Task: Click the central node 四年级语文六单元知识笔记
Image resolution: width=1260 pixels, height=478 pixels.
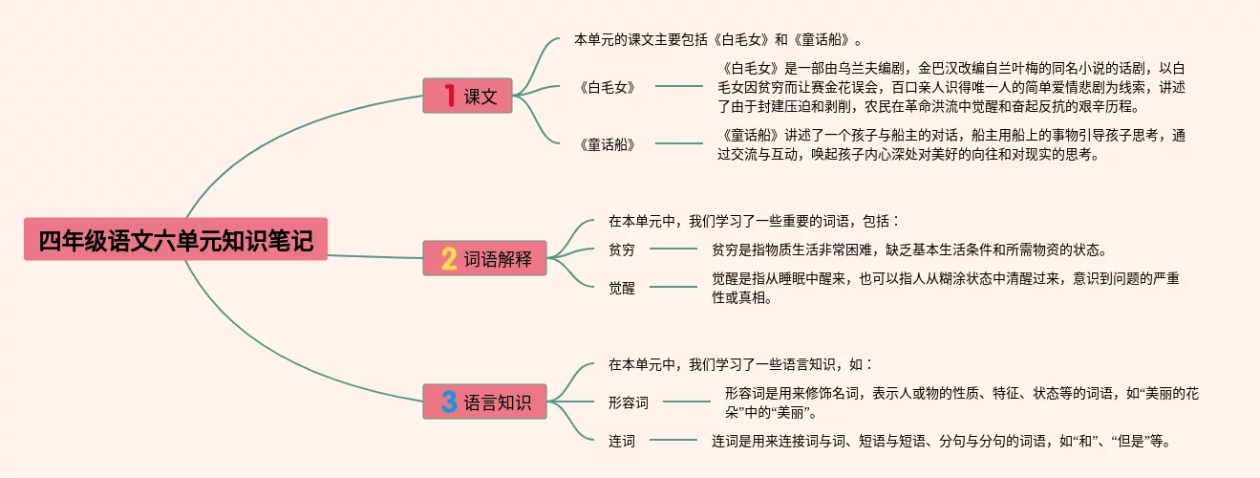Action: coord(176,240)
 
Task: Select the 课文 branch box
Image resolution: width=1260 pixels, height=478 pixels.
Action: coord(468,96)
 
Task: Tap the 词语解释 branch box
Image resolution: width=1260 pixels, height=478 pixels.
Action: coord(485,258)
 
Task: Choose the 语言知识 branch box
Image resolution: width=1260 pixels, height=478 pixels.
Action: coord(485,402)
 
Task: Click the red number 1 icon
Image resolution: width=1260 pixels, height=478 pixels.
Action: coord(449,96)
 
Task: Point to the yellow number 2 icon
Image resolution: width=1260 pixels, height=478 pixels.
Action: coord(449,258)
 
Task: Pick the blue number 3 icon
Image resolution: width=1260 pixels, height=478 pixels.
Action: coord(449,402)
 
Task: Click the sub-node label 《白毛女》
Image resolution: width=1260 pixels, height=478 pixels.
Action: coord(608,86)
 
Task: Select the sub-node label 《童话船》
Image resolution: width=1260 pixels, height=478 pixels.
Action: coord(608,144)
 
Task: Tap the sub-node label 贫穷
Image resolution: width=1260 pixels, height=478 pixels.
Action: coord(622,250)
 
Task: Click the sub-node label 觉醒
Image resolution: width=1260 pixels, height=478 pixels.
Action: coord(622,288)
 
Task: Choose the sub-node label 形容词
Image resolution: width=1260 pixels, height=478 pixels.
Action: coord(629,402)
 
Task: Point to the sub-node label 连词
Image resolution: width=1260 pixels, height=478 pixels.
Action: coord(622,441)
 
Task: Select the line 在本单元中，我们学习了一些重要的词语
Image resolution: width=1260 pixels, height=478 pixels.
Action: coord(755,221)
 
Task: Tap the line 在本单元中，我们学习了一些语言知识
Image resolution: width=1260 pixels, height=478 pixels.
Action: coord(741,364)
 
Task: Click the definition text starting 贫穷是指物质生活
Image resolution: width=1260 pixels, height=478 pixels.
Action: coord(908,250)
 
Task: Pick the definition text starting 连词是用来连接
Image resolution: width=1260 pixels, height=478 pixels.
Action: coord(940,441)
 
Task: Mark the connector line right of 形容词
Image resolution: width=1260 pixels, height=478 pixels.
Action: coord(687,402)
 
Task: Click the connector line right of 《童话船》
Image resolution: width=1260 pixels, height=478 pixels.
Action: coord(679,144)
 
